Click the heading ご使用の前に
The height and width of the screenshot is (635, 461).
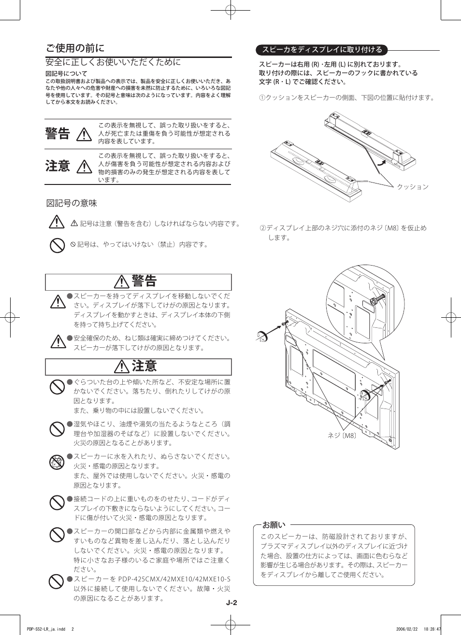pos(75,48)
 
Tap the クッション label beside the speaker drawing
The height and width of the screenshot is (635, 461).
pos(413,187)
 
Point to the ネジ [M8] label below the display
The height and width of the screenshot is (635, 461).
pos(342,435)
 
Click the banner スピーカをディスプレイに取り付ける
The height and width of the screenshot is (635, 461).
pos(322,49)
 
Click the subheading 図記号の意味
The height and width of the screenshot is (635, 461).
pos(72,203)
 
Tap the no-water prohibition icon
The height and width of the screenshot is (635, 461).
pos(57,463)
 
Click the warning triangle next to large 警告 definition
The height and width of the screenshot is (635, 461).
pos(84,134)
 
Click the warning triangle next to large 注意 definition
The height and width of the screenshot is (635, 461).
pos(84,166)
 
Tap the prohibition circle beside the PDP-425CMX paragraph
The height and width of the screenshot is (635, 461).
pos(57,581)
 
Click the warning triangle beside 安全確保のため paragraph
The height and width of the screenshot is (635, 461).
pos(57,341)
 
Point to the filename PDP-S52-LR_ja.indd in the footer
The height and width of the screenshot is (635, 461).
pos(46,629)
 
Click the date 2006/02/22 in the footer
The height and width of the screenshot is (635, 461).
pos(406,629)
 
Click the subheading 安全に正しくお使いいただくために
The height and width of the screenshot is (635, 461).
pos(113,62)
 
